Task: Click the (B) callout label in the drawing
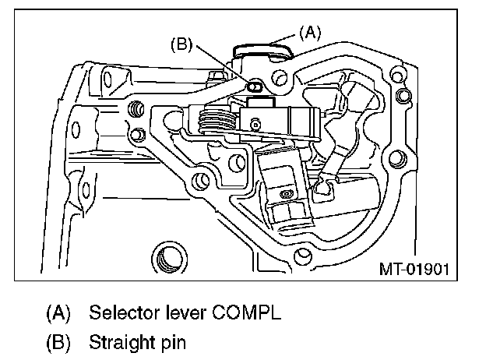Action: pyautogui.click(x=182, y=44)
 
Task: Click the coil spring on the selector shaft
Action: pyautogui.click(x=217, y=122)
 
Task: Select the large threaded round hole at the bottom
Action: pyautogui.click(x=167, y=254)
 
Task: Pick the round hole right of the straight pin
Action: pyautogui.click(x=281, y=78)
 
